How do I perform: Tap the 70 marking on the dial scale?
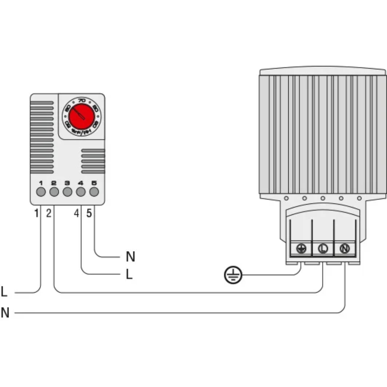point(82,100)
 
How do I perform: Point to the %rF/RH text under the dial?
point(82,132)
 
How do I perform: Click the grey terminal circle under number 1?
point(41,192)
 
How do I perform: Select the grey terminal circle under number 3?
point(67,192)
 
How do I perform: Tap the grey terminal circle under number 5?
point(94,192)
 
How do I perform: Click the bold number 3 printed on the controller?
point(67,183)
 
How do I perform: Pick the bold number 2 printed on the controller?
point(54,183)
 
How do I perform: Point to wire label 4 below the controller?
point(77,213)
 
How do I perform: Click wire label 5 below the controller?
point(89,213)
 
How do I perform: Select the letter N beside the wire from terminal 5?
point(130,257)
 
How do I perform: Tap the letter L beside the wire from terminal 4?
point(129,274)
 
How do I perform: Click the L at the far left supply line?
point(4,292)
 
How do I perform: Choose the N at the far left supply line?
point(5,312)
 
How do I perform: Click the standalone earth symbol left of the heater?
point(233,275)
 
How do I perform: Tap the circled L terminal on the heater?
point(323,248)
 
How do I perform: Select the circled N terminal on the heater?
point(344,248)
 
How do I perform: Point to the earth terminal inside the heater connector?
point(301,248)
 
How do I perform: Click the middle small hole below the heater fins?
point(323,198)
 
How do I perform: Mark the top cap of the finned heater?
point(323,72)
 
